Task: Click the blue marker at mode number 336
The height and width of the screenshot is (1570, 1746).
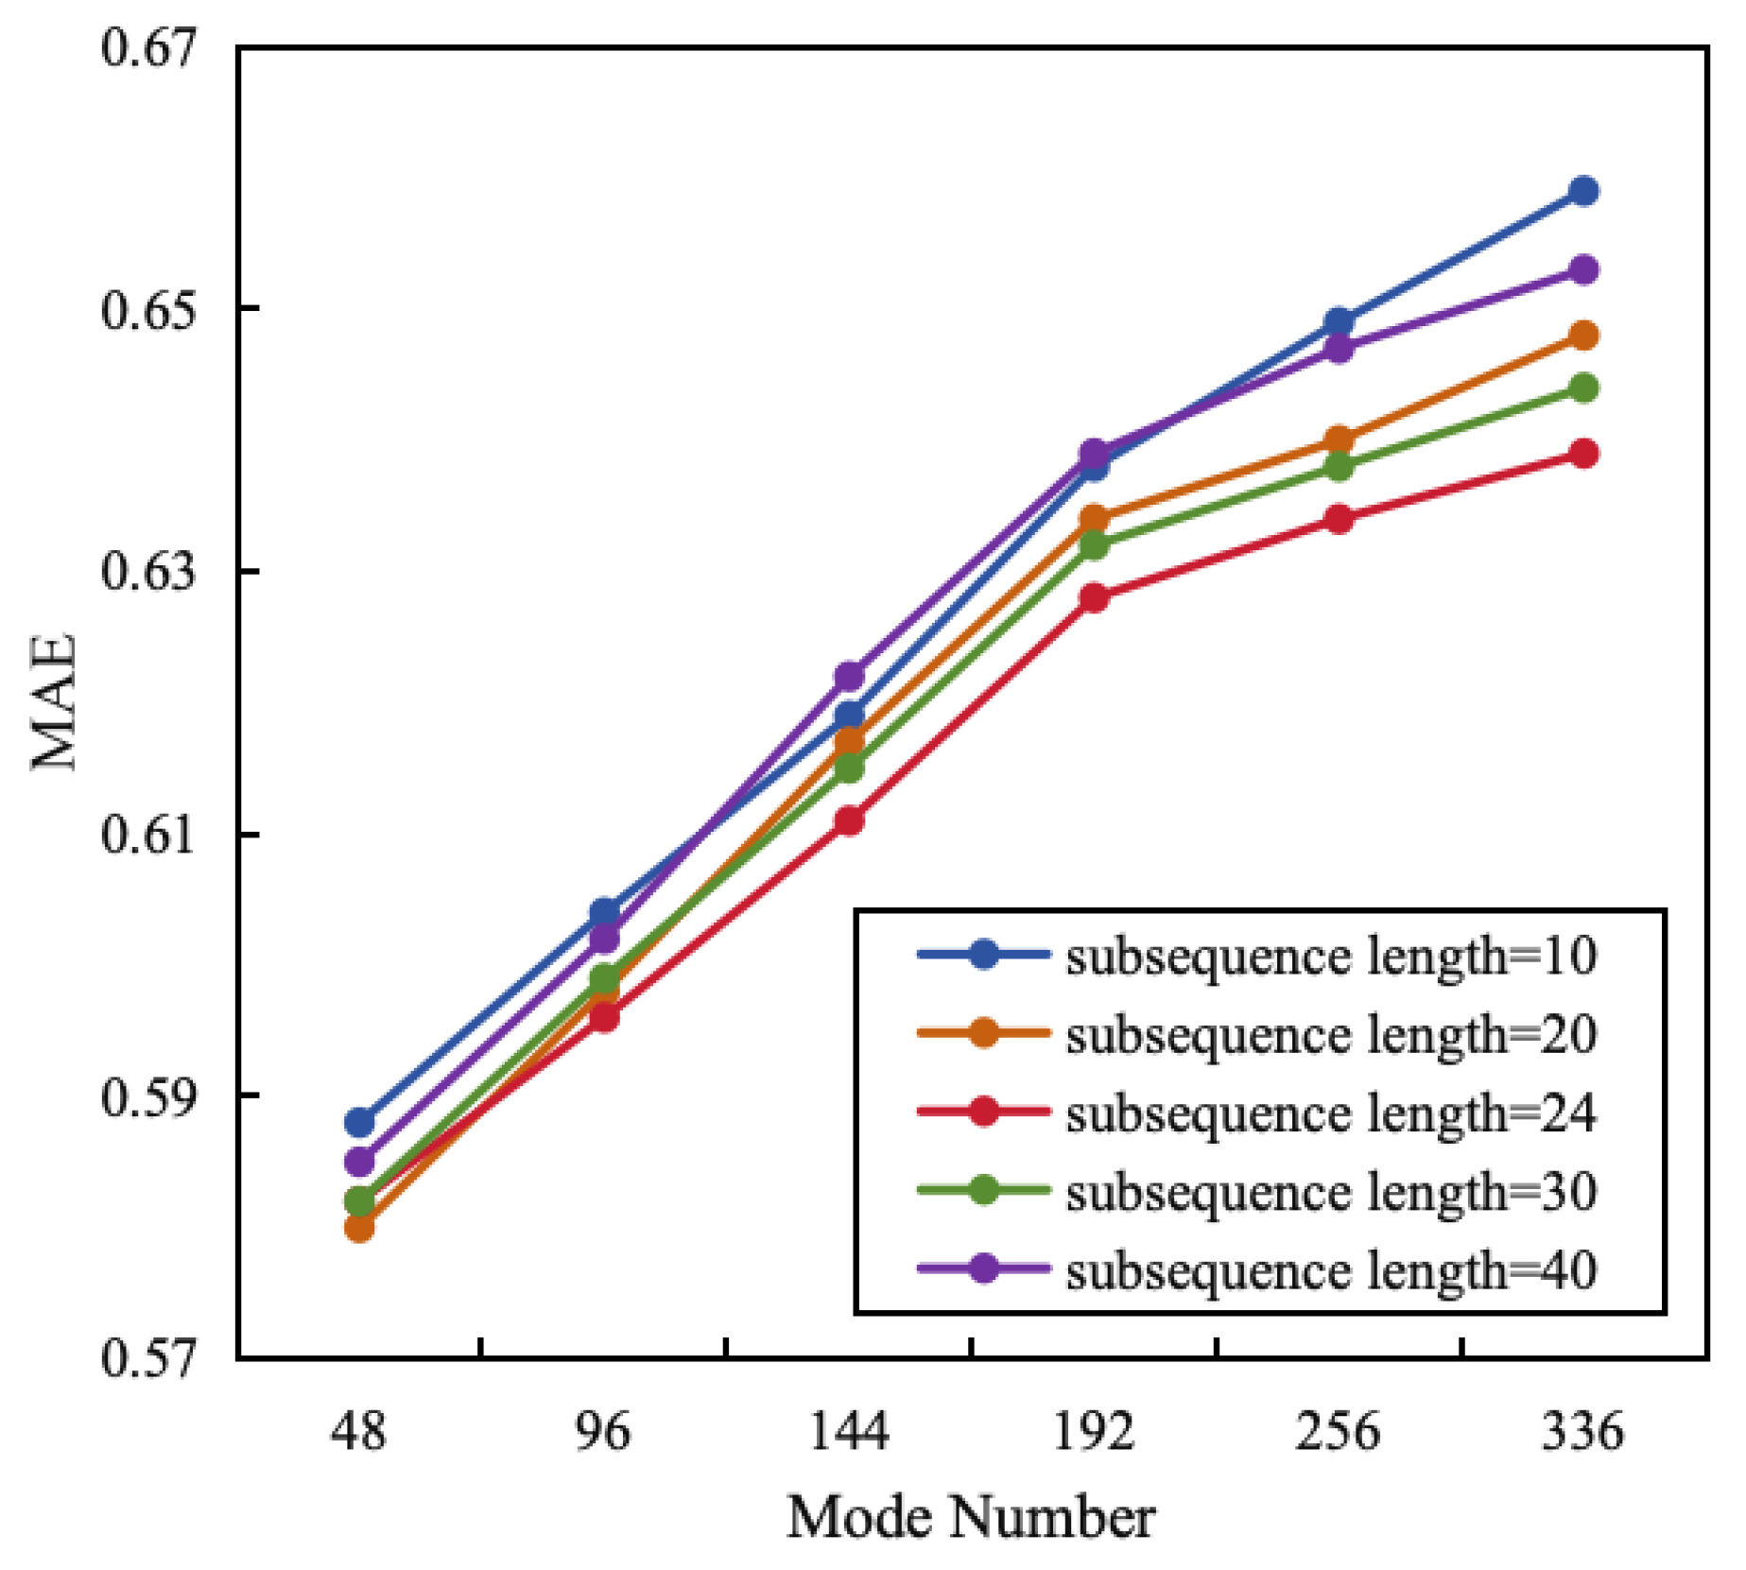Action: click(1583, 191)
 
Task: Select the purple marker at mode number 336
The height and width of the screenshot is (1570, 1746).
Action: click(1583, 270)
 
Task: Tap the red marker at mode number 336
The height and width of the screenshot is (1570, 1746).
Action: click(1583, 454)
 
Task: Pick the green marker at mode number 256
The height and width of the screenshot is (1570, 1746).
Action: click(1339, 466)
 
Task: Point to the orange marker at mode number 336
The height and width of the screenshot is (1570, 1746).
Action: click(1583, 336)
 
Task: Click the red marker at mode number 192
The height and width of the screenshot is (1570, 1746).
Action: click(1094, 597)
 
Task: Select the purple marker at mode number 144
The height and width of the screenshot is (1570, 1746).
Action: click(849, 676)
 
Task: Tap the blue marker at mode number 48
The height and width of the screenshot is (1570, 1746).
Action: click(359, 1123)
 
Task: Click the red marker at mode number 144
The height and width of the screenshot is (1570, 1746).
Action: click(849, 820)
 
